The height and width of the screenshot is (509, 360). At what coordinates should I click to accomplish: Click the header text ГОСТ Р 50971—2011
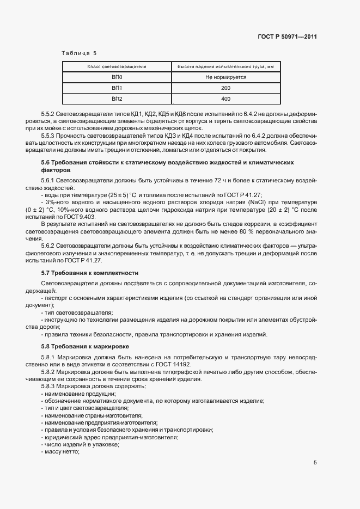pos(286,37)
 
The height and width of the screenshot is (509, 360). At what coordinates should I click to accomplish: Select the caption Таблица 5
pos(79,53)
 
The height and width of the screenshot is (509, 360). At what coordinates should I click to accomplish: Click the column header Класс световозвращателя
pos(117,67)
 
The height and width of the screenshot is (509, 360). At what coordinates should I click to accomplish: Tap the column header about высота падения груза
pos(225,67)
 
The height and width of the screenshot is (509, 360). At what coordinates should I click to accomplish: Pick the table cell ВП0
pos(117,77)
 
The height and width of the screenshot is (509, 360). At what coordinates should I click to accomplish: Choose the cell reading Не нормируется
pos(225,77)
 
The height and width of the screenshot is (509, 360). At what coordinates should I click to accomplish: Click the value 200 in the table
pos(225,88)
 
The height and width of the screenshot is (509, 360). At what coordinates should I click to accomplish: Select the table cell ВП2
pos(117,99)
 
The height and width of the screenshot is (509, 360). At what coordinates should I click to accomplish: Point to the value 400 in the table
pos(225,99)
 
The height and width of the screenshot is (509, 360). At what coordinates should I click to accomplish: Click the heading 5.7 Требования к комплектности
pos(90,273)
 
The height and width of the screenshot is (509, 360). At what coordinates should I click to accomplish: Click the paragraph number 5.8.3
pos(48,386)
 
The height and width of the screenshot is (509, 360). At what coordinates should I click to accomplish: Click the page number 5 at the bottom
pos(315,463)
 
